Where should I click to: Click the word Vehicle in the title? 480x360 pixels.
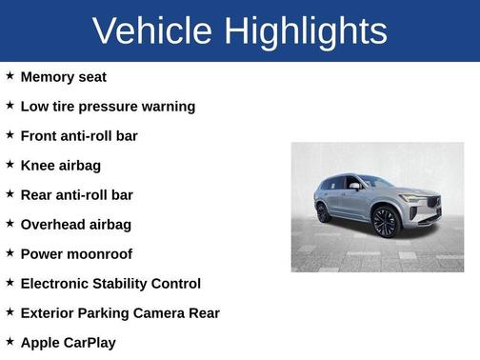pos(152,31)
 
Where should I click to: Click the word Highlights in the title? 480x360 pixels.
pos(307,31)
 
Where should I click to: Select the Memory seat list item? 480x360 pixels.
pos(63,76)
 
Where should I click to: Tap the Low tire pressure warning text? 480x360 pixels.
pos(108,106)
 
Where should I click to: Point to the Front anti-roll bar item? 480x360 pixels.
pos(79,135)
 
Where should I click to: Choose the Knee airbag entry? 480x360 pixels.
pos(60,165)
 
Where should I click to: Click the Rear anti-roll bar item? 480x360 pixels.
pos(76,194)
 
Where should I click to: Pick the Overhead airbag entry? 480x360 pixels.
pos(75,224)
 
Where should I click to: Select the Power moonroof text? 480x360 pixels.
pos(76,253)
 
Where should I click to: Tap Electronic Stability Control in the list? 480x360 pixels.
pos(110,283)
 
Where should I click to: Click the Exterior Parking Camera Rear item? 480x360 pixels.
pos(120,312)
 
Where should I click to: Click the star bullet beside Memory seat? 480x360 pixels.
pos(10,75)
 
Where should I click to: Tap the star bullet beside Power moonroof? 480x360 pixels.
pos(10,252)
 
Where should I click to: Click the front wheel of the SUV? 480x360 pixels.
pos(386,222)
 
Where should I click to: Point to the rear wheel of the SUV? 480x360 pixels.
pos(324,212)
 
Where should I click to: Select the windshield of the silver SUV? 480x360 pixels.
pos(374,181)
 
